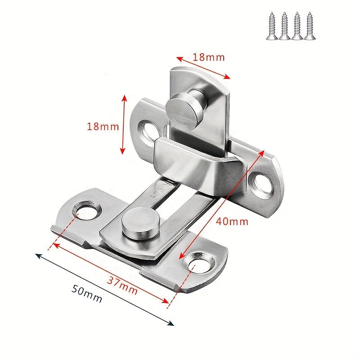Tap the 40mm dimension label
click(232, 221)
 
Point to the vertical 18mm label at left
click(103, 126)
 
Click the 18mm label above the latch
click(208, 57)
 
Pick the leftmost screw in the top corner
click(272, 26)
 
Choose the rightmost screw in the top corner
click(310, 26)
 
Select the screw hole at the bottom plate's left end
click(85, 209)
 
